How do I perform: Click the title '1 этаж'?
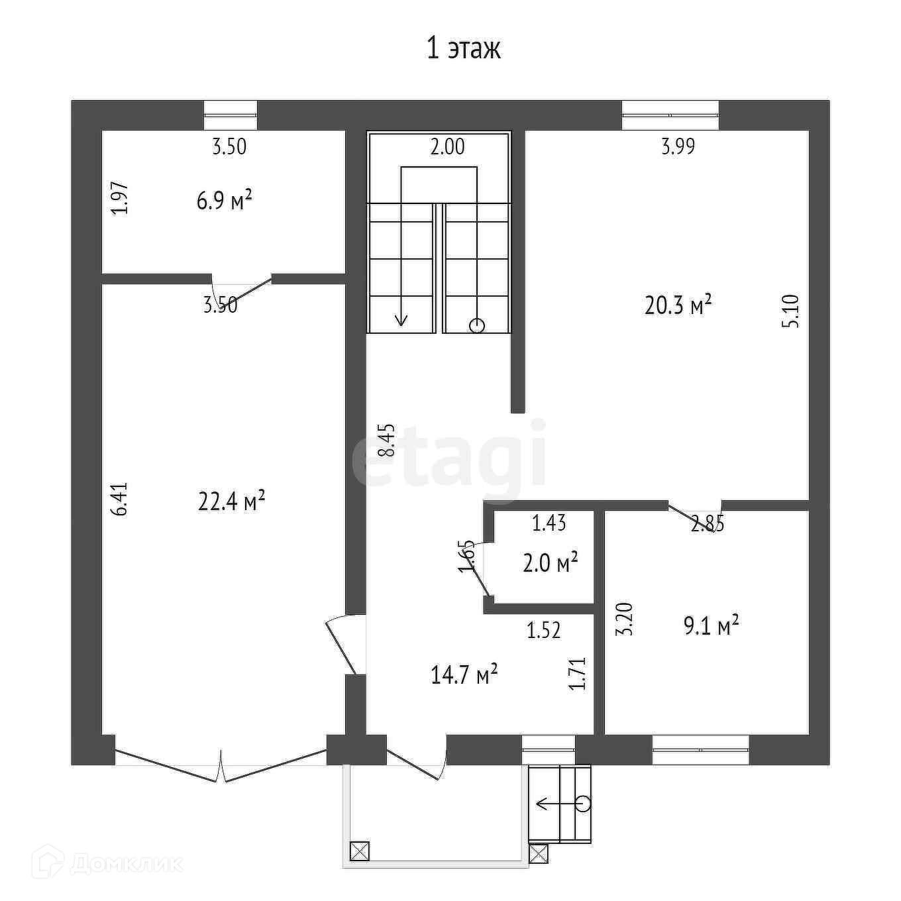click(x=463, y=49)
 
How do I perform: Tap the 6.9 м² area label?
click(x=225, y=202)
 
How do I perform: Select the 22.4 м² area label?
click(x=232, y=502)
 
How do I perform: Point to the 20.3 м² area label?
click(x=678, y=305)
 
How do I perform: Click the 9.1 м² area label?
click(x=711, y=626)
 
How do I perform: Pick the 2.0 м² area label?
click(x=551, y=563)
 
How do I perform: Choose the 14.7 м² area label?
click(x=464, y=676)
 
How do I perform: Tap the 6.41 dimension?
click(x=120, y=499)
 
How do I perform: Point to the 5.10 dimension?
click(x=791, y=311)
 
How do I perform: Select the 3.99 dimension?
click(x=678, y=146)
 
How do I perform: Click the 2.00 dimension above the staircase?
click(x=447, y=147)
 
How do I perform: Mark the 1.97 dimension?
click(x=120, y=198)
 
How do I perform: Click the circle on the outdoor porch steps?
click(x=583, y=804)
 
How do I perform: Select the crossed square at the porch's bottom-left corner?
click(x=360, y=851)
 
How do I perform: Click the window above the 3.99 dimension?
click(x=670, y=115)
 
